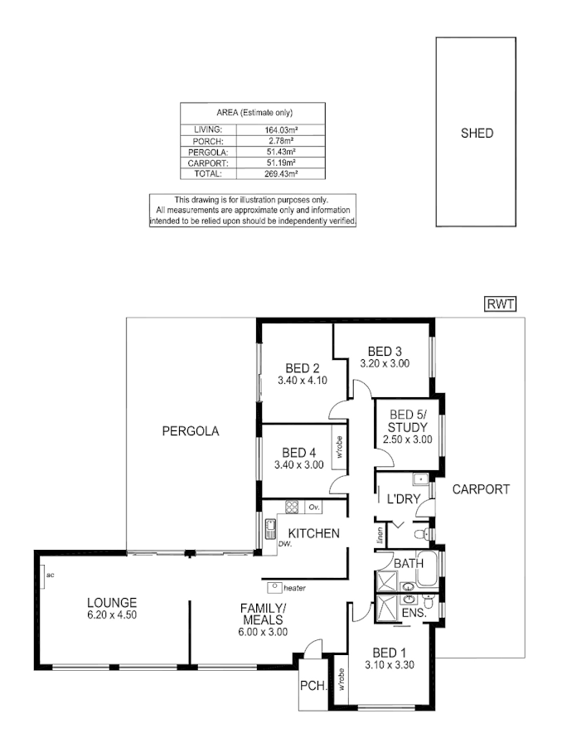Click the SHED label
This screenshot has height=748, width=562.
[x=477, y=133]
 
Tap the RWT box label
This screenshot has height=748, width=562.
[x=500, y=304]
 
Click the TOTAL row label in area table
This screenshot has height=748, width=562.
[x=208, y=175]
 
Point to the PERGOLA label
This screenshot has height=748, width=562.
[x=190, y=431]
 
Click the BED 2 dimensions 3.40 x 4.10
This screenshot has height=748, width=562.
[x=303, y=381]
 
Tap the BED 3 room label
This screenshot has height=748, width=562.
[x=385, y=350]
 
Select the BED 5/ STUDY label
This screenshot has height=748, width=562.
[x=407, y=420]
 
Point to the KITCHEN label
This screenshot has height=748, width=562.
[x=313, y=533]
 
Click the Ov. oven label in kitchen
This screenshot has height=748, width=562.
[x=313, y=507]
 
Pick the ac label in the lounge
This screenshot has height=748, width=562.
[x=50, y=574]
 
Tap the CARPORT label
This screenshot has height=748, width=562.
[x=480, y=489]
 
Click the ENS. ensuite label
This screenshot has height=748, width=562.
[x=413, y=613]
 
